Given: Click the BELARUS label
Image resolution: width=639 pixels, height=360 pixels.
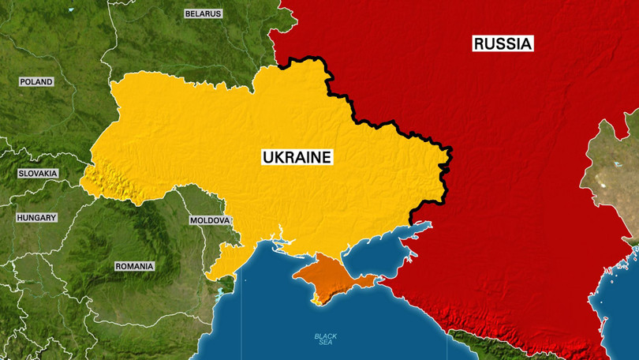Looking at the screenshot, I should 203,13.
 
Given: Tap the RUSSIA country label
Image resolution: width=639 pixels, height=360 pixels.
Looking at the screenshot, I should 503,43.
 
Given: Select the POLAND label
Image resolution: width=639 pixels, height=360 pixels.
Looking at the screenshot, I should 36,81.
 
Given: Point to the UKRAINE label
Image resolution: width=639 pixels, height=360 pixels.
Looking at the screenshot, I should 297,157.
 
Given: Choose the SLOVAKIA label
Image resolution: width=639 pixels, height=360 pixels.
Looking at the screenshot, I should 38,173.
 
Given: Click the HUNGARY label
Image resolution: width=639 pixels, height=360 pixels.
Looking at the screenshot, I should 36,217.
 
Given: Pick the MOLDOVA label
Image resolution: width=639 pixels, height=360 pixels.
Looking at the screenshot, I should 210,220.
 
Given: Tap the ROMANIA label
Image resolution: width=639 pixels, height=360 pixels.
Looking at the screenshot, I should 134,266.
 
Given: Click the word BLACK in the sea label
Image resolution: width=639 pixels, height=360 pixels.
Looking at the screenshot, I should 326,336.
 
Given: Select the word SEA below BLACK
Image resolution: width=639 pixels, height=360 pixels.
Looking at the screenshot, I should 326,343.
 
